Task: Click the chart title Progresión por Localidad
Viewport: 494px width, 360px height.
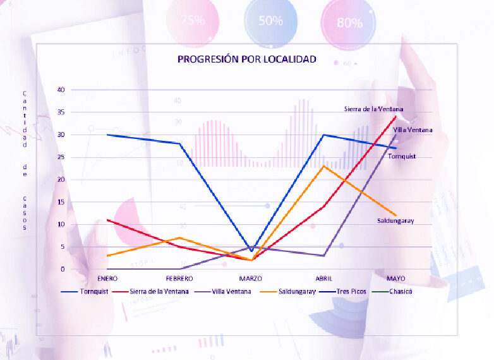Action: (x=246, y=59)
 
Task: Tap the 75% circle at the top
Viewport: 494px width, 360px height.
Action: (x=193, y=20)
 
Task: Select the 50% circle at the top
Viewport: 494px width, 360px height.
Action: (x=270, y=20)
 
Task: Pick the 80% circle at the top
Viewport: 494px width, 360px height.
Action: (x=349, y=23)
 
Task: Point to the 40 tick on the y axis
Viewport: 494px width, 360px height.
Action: (x=61, y=90)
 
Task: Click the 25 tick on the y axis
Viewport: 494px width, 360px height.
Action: (x=61, y=157)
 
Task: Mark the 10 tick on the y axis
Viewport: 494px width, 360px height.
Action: (x=61, y=224)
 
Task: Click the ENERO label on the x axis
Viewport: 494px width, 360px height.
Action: (x=107, y=278)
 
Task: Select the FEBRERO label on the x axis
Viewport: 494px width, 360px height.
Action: (x=179, y=278)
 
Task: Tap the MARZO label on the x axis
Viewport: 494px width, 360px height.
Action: (x=251, y=278)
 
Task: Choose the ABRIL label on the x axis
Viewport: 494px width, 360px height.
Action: (x=323, y=278)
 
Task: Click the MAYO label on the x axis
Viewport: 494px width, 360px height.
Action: (x=395, y=278)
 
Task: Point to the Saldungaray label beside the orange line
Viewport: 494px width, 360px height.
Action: (x=395, y=220)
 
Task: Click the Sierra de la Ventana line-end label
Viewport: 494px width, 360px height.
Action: (x=373, y=109)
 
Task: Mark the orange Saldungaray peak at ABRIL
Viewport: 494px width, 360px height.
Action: (x=323, y=166)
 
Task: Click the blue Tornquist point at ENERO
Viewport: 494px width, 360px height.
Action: (x=107, y=135)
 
